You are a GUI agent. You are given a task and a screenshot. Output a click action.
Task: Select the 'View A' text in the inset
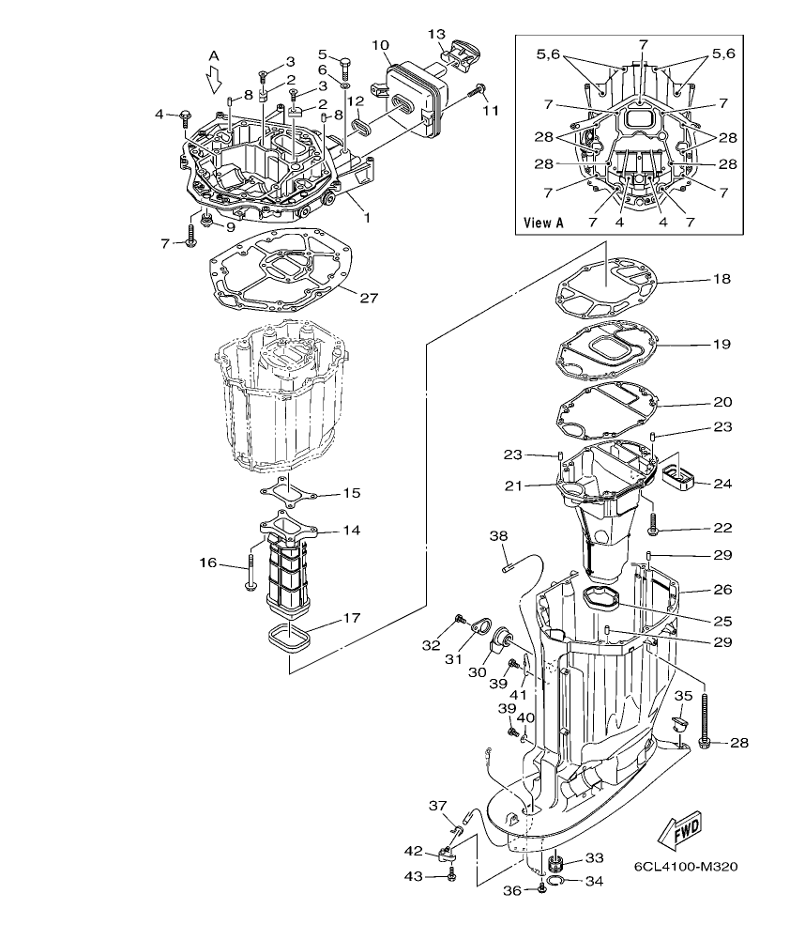(544, 223)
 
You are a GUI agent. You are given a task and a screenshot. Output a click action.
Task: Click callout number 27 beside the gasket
(368, 298)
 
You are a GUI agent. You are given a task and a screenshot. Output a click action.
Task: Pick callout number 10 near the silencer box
(380, 44)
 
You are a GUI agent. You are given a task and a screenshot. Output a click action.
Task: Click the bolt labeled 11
(480, 90)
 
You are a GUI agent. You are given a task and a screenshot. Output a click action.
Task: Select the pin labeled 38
(509, 564)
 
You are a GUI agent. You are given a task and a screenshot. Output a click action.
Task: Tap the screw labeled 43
(451, 875)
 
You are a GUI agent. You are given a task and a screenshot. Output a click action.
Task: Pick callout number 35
(683, 696)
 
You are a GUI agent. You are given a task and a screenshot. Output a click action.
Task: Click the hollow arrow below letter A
(214, 83)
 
